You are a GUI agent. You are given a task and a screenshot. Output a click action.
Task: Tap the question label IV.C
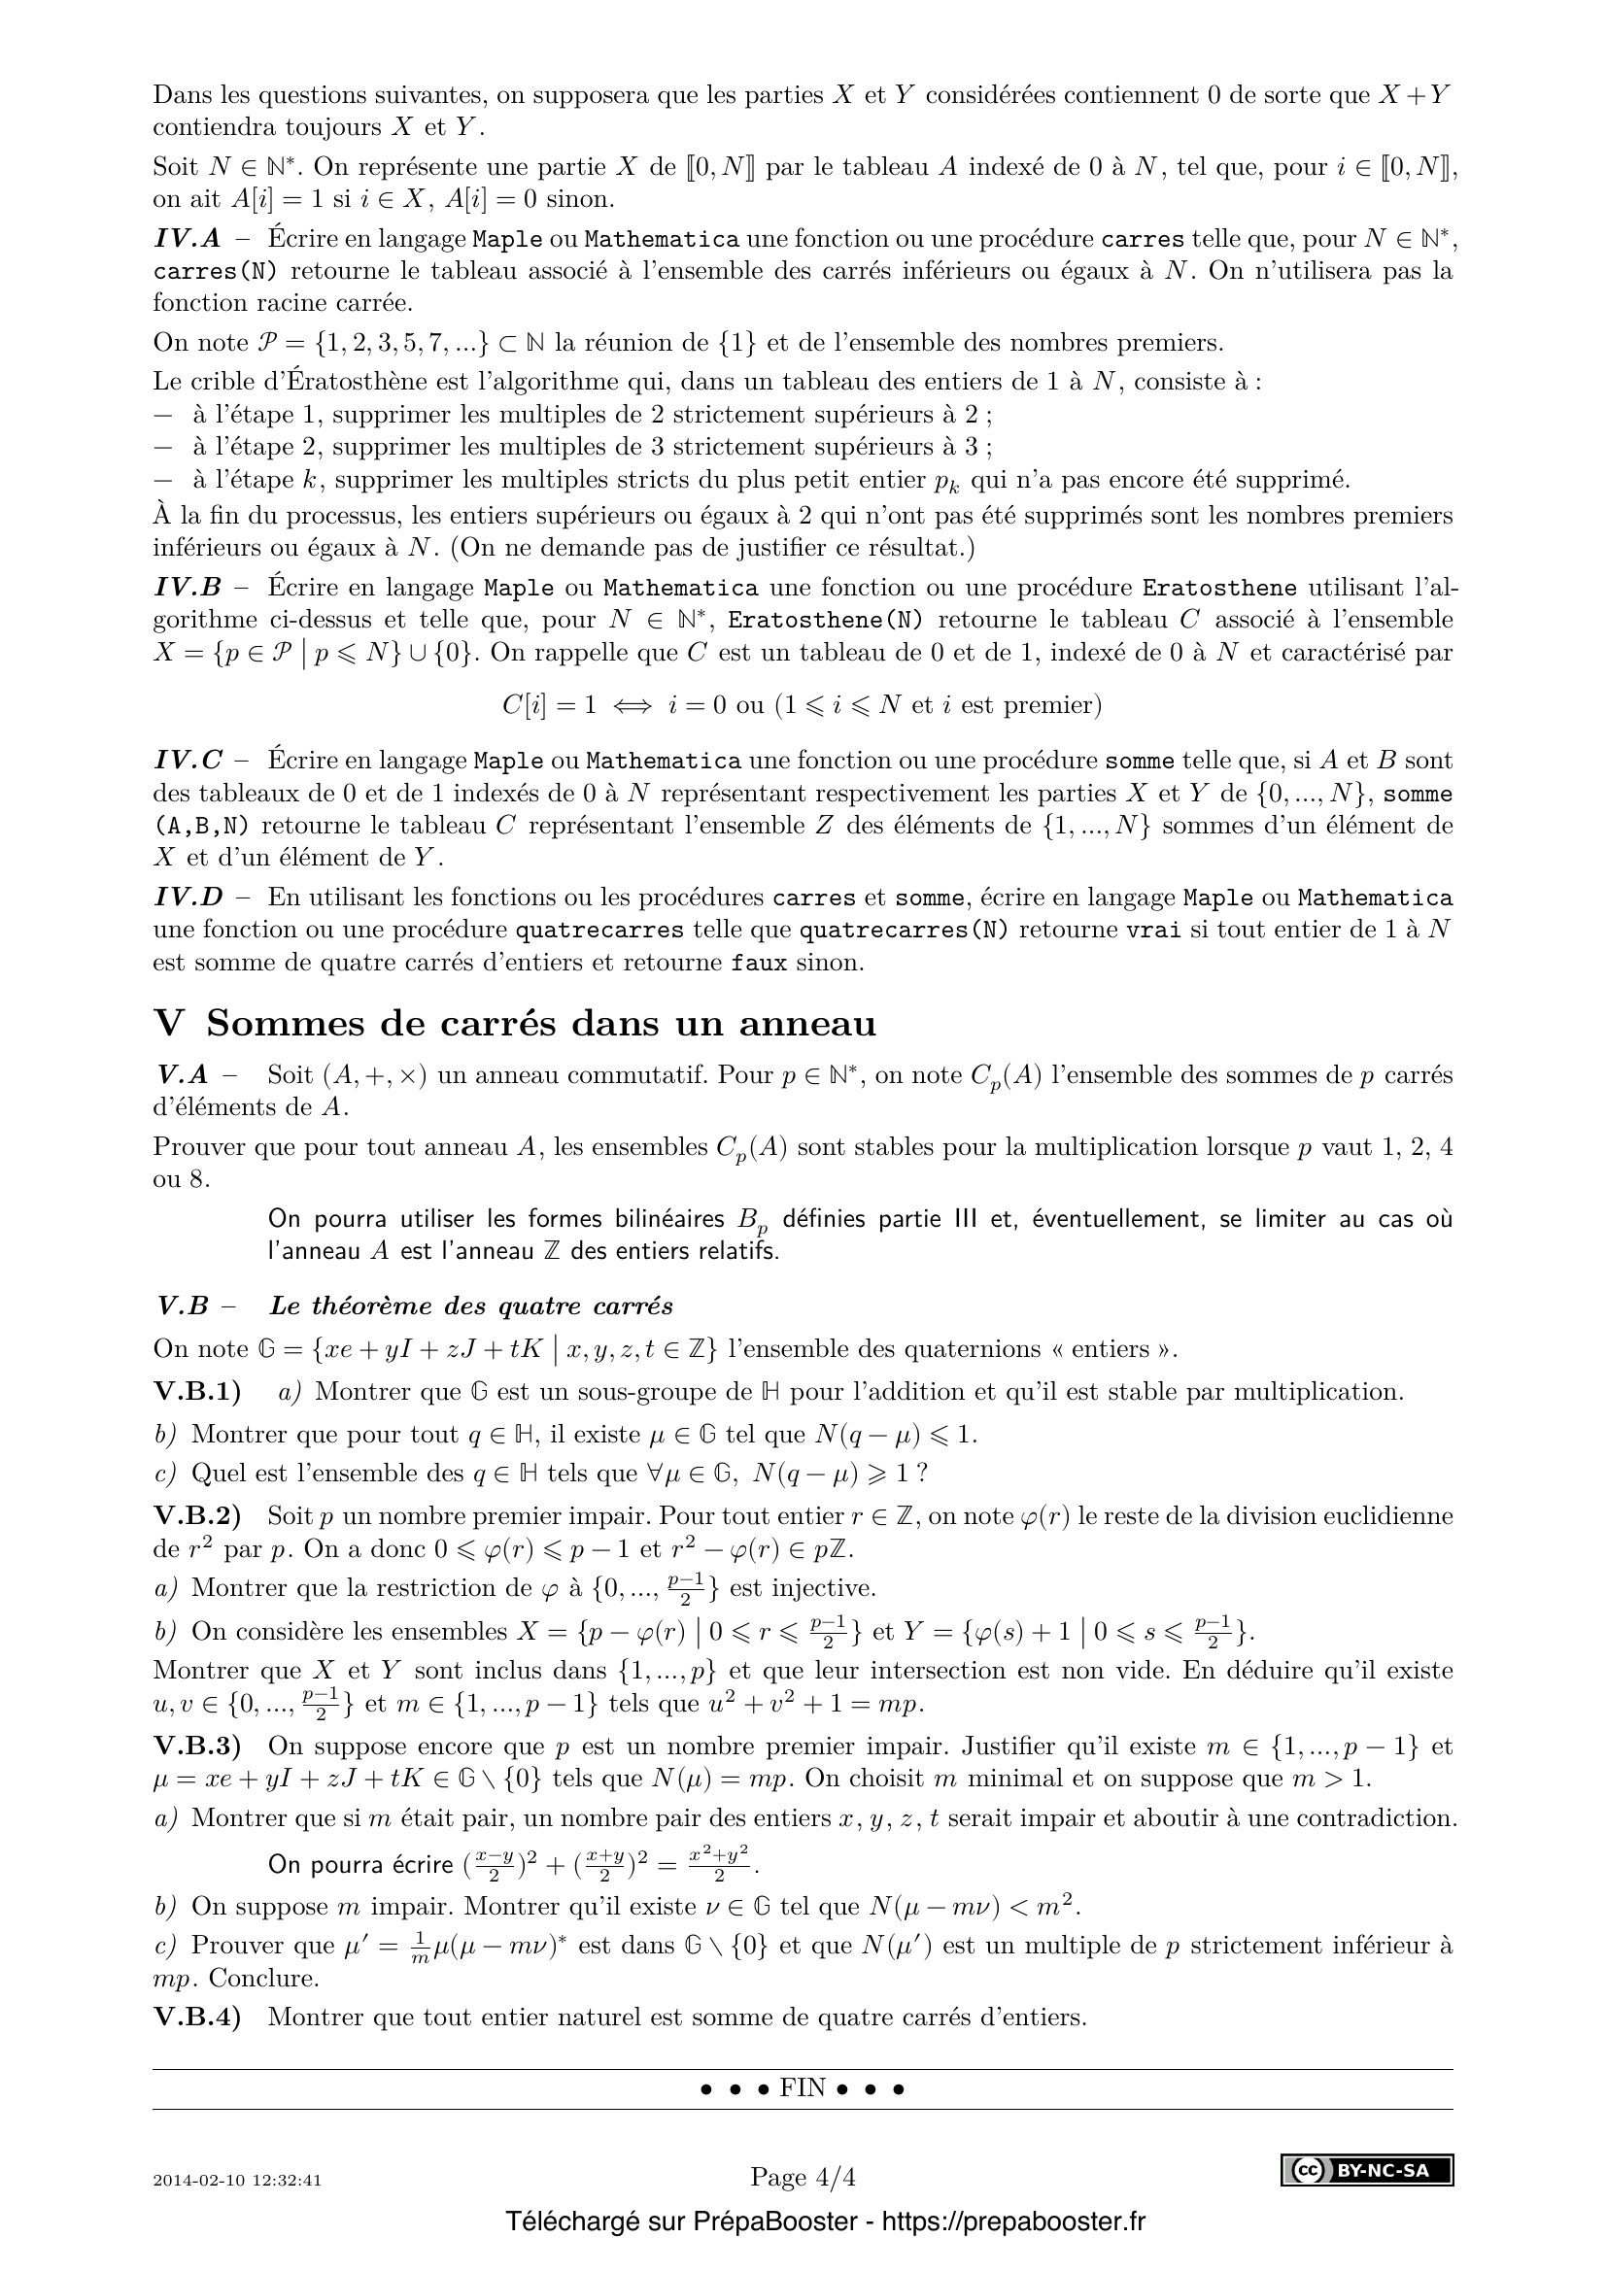[x=188, y=761]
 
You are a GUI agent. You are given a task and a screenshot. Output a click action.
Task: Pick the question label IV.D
[x=188, y=898]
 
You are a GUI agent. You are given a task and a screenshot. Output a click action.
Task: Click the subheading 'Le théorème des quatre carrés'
[x=471, y=1306]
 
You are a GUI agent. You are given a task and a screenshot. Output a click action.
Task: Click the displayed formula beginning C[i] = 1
[x=802, y=704]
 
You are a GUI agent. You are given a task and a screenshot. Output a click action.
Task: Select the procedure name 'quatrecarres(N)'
[x=904, y=931]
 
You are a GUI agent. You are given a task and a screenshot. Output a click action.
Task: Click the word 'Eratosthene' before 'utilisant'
[x=1219, y=588]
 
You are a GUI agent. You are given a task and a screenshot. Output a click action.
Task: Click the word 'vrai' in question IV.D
[x=1155, y=931]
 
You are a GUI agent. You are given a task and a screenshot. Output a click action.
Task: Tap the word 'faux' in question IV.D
[x=759, y=963]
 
